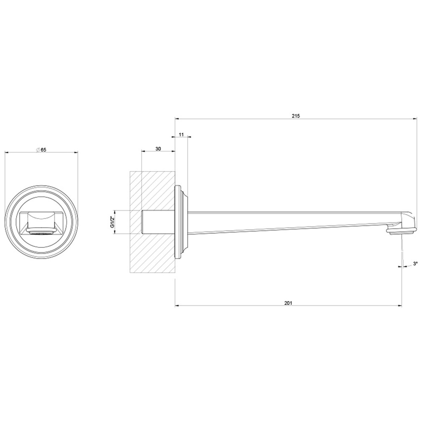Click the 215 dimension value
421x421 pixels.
[x=296, y=115]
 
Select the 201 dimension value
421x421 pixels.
[x=289, y=302]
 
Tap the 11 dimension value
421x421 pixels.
[x=181, y=135]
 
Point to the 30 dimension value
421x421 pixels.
[x=158, y=149]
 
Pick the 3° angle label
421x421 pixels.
[x=415, y=264]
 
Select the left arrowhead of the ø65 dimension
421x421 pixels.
[x=6, y=153]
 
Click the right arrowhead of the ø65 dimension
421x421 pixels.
[x=76, y=153]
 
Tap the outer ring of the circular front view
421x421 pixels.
[x=41, y=187]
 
